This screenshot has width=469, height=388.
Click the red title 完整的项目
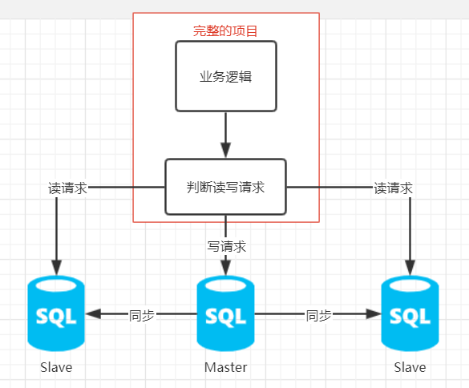pyautogui.click(x=225, y=30)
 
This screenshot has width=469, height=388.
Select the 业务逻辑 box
pyautogui.click(x=226, y=76)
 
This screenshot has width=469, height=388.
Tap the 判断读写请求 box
pyautogui.click(x=226, y=187)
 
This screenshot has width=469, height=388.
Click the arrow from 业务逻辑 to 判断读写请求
pyautogui.click(x=226, y=135)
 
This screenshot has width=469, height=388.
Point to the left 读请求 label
pyautogui.click(x=67, y=188)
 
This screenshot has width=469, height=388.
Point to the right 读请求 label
pyautogui.click(x=393, y=188)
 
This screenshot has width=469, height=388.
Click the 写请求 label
pyautogui.click(x=226, y=246)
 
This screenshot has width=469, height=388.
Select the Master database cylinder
pyautogui.click(x=225, y=313)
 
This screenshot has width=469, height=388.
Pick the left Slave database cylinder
pyautogui.click(x=56, y=313)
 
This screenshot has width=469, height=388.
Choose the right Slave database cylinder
pyautogui.click(x=410, y=313)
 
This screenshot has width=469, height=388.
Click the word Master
pyautogui.click(x=226, y=367)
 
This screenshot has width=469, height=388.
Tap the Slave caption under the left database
pyautogui.click(x=56, y=367)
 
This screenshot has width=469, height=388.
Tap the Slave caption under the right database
pyautogui.click(x=410, y=367)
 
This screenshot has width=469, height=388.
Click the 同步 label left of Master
pyautogui.click(x=141, y=315)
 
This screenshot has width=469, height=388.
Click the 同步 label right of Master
pyautogui.click(x=318, y=315)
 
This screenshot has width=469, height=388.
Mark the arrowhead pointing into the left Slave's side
pyautogui.click(x=93, y=313)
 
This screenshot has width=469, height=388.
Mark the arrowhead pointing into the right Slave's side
pyautogui.click(x=374, y=313)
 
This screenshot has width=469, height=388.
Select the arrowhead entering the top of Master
pyautogui.click(x=226, y=268)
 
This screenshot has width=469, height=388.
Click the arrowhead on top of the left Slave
pyautogui.click(x=57, y=268)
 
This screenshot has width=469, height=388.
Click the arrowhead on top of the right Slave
pyautogui.click(x=410, y=268)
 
